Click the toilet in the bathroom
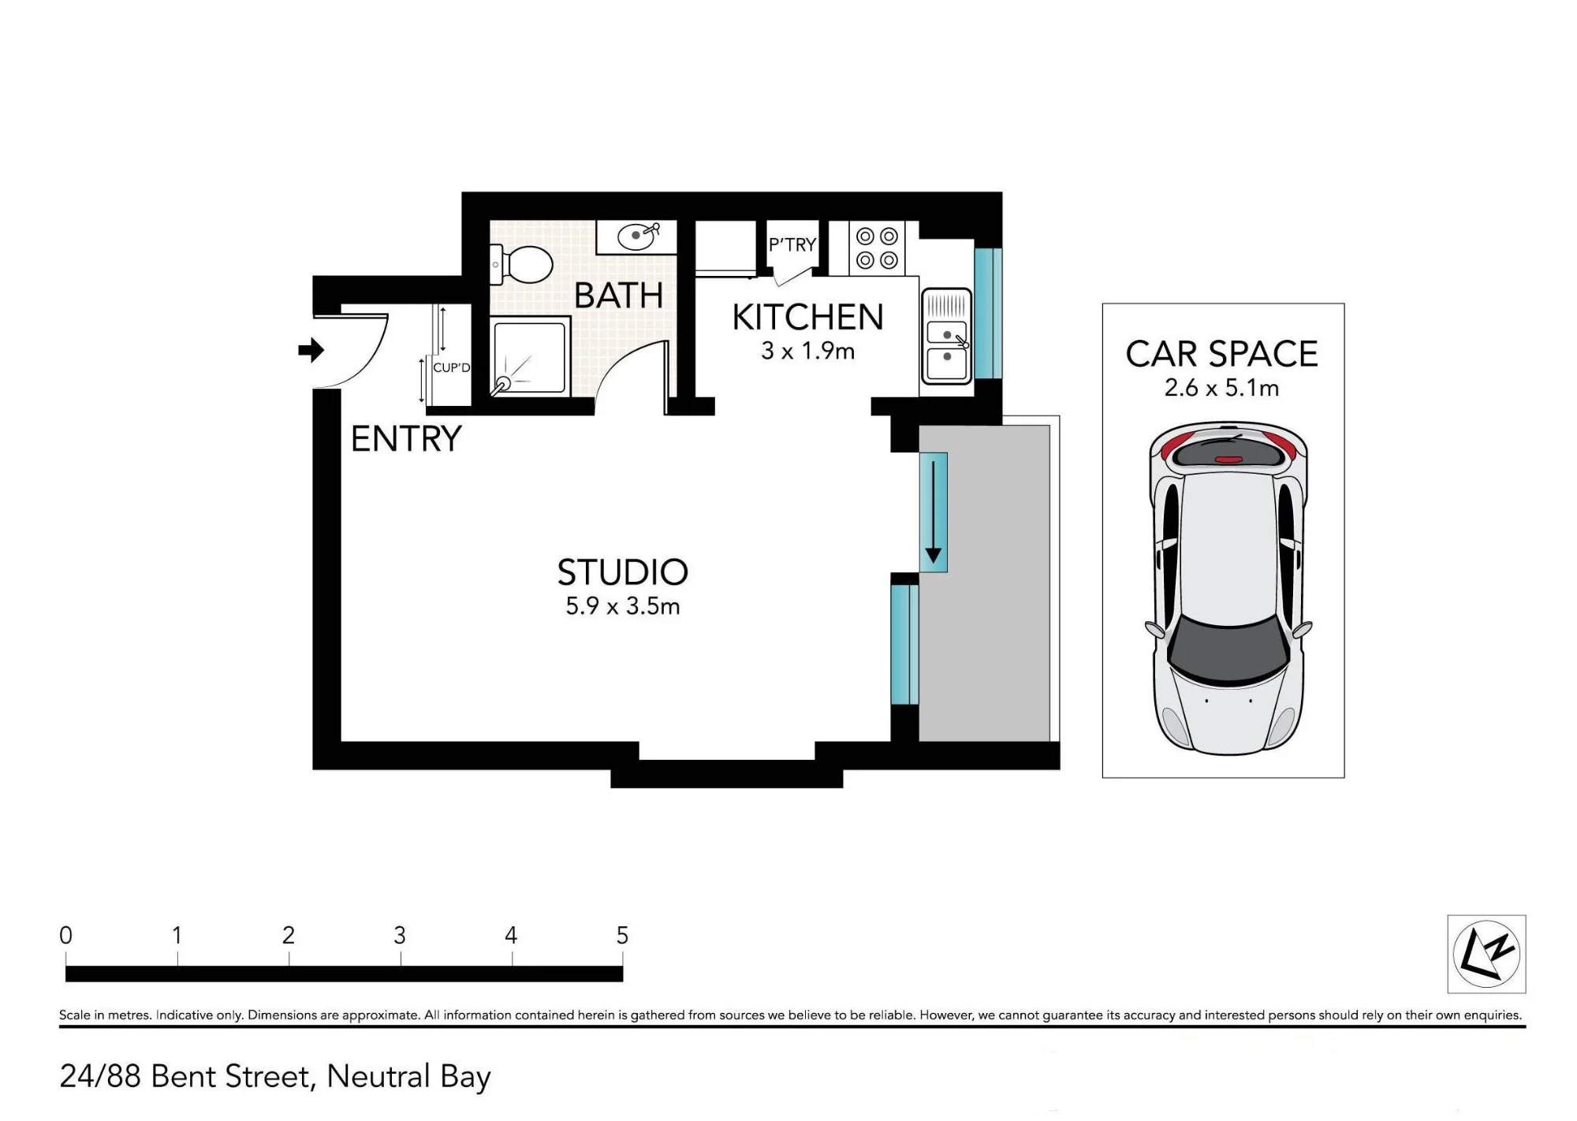[522, 264]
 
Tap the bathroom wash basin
[636, 236]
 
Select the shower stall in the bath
[529, 356]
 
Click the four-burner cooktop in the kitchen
[877, 248]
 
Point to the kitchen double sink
[946, 337]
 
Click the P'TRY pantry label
[792, 245]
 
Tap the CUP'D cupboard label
[451, 367]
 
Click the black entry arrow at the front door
[311, 350]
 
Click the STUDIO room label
[623, 572]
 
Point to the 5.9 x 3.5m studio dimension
[623, 606]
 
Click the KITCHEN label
[808, 317]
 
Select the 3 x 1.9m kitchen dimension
[808, 351]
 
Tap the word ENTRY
[406, 439]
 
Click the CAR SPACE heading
[1222, 354]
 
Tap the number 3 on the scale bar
[400, 936]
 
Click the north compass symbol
[1486, 954]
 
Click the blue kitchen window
[987, 314]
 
